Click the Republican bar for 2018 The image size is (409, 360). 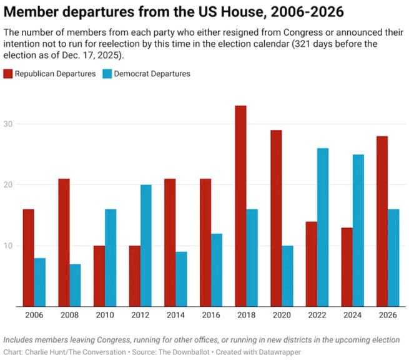pyautogui.click(x=240, y=206)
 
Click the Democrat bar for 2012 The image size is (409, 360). pyautogui.click(x=146, y=246)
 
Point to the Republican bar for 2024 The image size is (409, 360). pyautogui.click(x=347, y=267)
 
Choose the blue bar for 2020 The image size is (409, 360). pyautogui.click(x=287, y=276)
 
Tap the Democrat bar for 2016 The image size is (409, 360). pyautogui.click(x=217, y=270)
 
